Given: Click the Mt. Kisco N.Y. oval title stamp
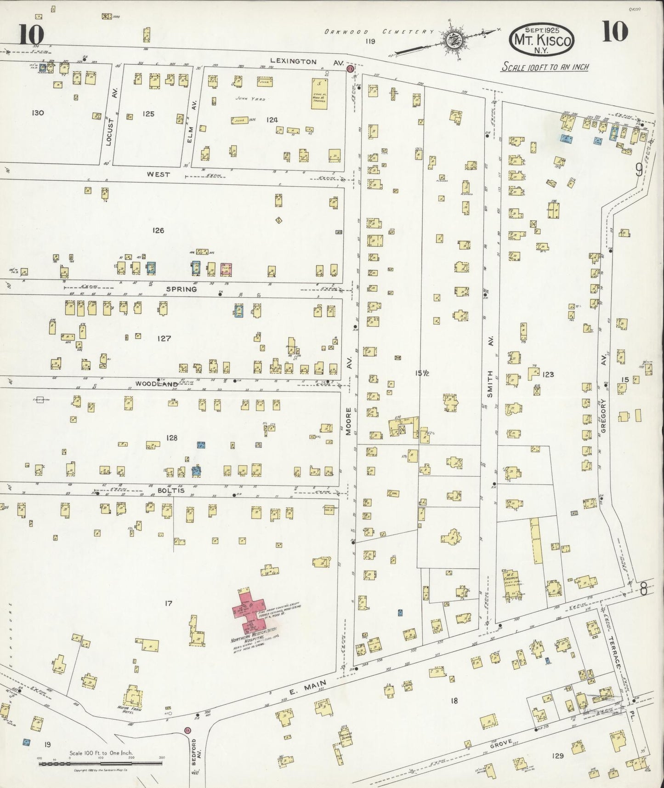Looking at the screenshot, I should [541, 40].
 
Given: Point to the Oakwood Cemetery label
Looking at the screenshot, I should [379, 32].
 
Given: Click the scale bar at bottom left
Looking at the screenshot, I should [101, 763].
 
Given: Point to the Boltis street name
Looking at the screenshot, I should [171, 491].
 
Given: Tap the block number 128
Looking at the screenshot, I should [171, 438].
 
